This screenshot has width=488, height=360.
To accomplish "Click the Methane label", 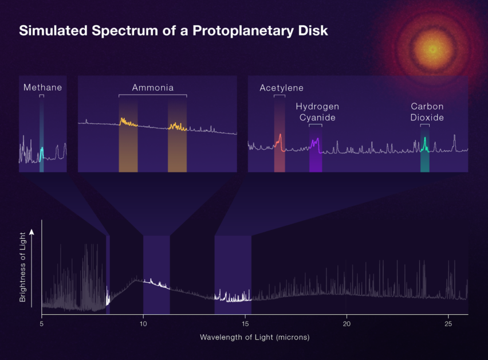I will click(x=42, y=88).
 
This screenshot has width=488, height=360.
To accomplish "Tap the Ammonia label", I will click(x=152, y=88).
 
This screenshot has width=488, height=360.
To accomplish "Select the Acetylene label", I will click(x=281, y=88).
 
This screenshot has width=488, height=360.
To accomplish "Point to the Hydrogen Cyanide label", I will click(x=317, y=112).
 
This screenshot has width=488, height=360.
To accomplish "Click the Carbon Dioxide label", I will click(x=427, y=112).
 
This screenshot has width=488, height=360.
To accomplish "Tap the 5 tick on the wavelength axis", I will click(x=42, y=324).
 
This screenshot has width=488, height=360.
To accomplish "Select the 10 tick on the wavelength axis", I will click(x=143, y=324).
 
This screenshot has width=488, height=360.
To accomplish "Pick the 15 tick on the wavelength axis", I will click(x=245, y=324).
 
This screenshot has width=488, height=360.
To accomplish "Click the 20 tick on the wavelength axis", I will click(x=346, y=324).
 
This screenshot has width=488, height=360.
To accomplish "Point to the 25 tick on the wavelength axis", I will click(x=448, y=324).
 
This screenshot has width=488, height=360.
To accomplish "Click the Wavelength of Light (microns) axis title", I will click(x=254, y=337).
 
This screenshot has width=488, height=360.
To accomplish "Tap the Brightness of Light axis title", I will click(x=23, y=267).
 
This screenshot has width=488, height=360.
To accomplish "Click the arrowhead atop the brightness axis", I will click(x=32, y=231).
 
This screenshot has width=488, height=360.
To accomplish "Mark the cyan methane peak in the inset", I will click(x=41, y=152).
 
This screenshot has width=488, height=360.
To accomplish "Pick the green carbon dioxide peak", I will click(x=424, y=143).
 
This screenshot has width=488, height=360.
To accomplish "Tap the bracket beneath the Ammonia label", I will click(x=152, y=95).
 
